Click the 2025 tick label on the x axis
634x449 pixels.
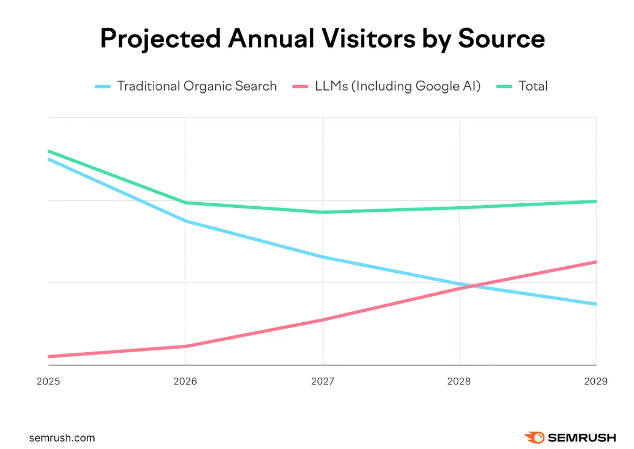[x=49, y=381]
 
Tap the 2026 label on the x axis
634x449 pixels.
[x=185, y=381]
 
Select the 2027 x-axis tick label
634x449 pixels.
[x=322, y=381]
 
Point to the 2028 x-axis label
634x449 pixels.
[x=459, y=381]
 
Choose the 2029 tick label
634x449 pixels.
[x=595, y=381]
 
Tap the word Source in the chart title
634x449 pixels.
[x=501, y=39]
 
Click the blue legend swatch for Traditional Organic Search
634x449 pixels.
[x=103, y=86]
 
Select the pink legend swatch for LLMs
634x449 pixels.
[x=301, y=86]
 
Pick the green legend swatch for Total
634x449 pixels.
[x=504, y=86]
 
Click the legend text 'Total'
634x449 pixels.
[x=533, y=86]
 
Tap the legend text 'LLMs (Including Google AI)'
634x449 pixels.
[x=398, y=86]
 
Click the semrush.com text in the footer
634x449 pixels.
[x=62, y=438]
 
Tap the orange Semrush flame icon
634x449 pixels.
[x=534, y=437]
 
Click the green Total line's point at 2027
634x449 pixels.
[x=322, y=212]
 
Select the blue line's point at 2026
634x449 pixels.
[x=185, y=221]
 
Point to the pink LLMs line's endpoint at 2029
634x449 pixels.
[x=595, y=262]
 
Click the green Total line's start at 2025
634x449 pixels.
[x=49, y=151]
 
